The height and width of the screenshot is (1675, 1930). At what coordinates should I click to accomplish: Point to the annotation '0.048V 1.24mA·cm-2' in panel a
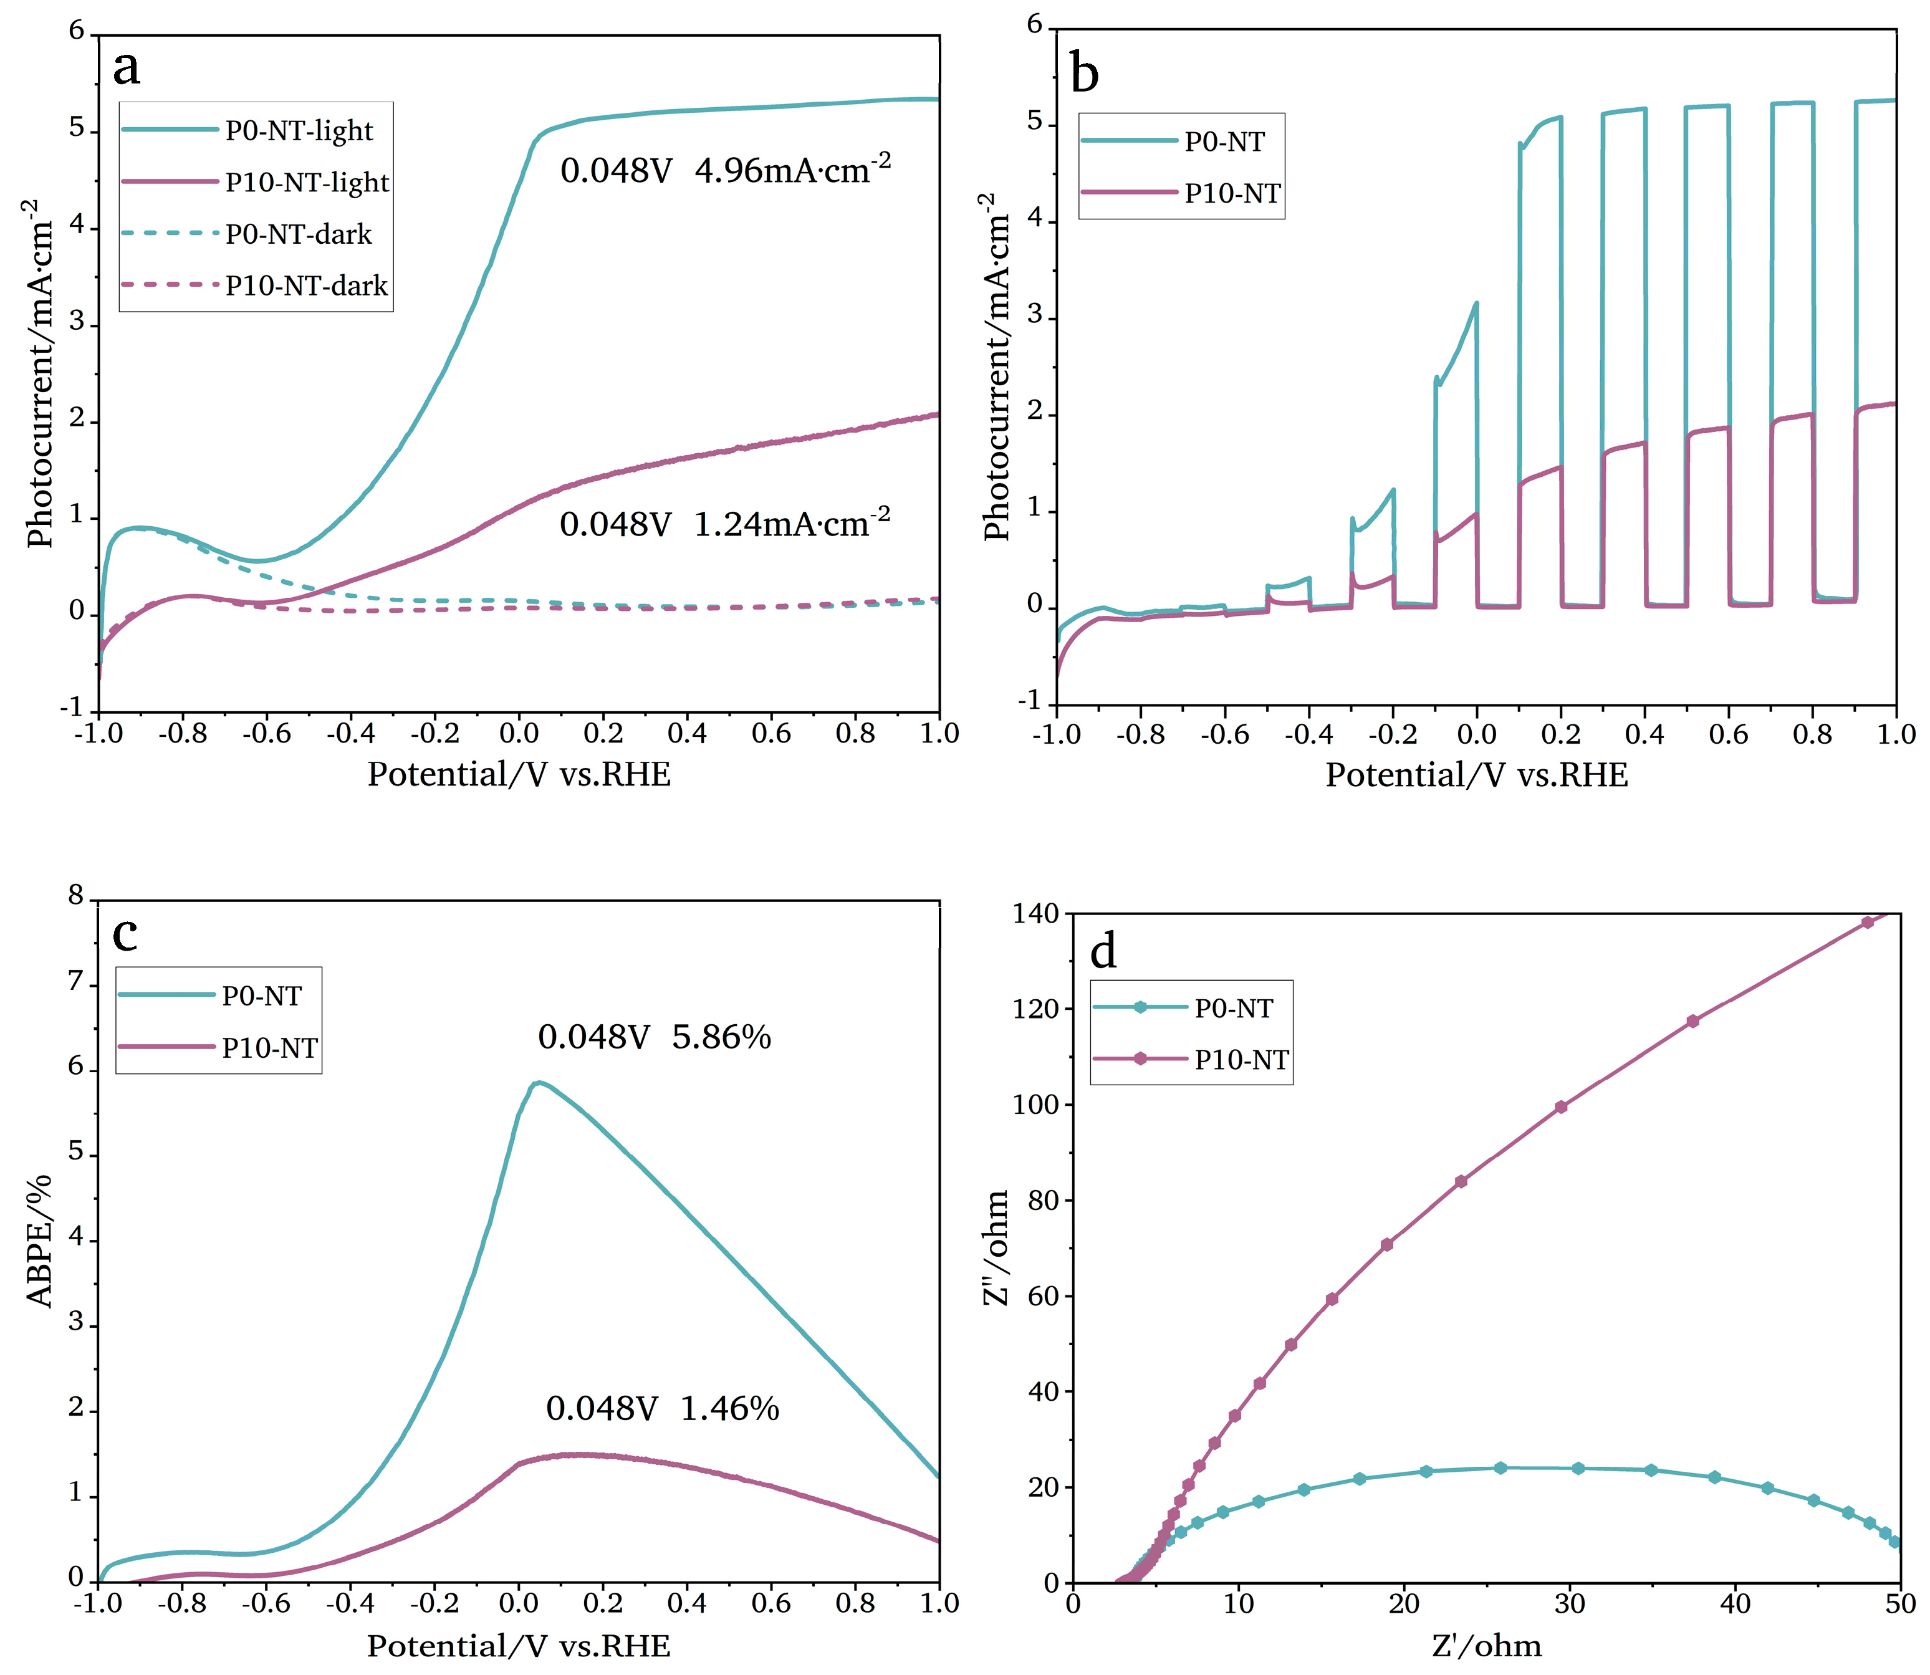pyautogui.click(x=724, y=524)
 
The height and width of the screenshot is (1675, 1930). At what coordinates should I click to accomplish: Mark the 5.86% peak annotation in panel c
pyautogui.click(x=654, y=1037)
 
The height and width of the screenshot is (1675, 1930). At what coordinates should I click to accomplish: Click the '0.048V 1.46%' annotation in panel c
pyautogui.click(x=661, y=1408)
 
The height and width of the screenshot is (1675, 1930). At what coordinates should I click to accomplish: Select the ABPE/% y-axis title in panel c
pyautogui.click(x=39, y=1241)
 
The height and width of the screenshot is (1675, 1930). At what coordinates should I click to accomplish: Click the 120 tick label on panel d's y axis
pyautogui.click(x=1035, y=1009)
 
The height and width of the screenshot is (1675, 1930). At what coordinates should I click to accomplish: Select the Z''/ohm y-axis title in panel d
pyautogui.click(x=997, y=1248)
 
